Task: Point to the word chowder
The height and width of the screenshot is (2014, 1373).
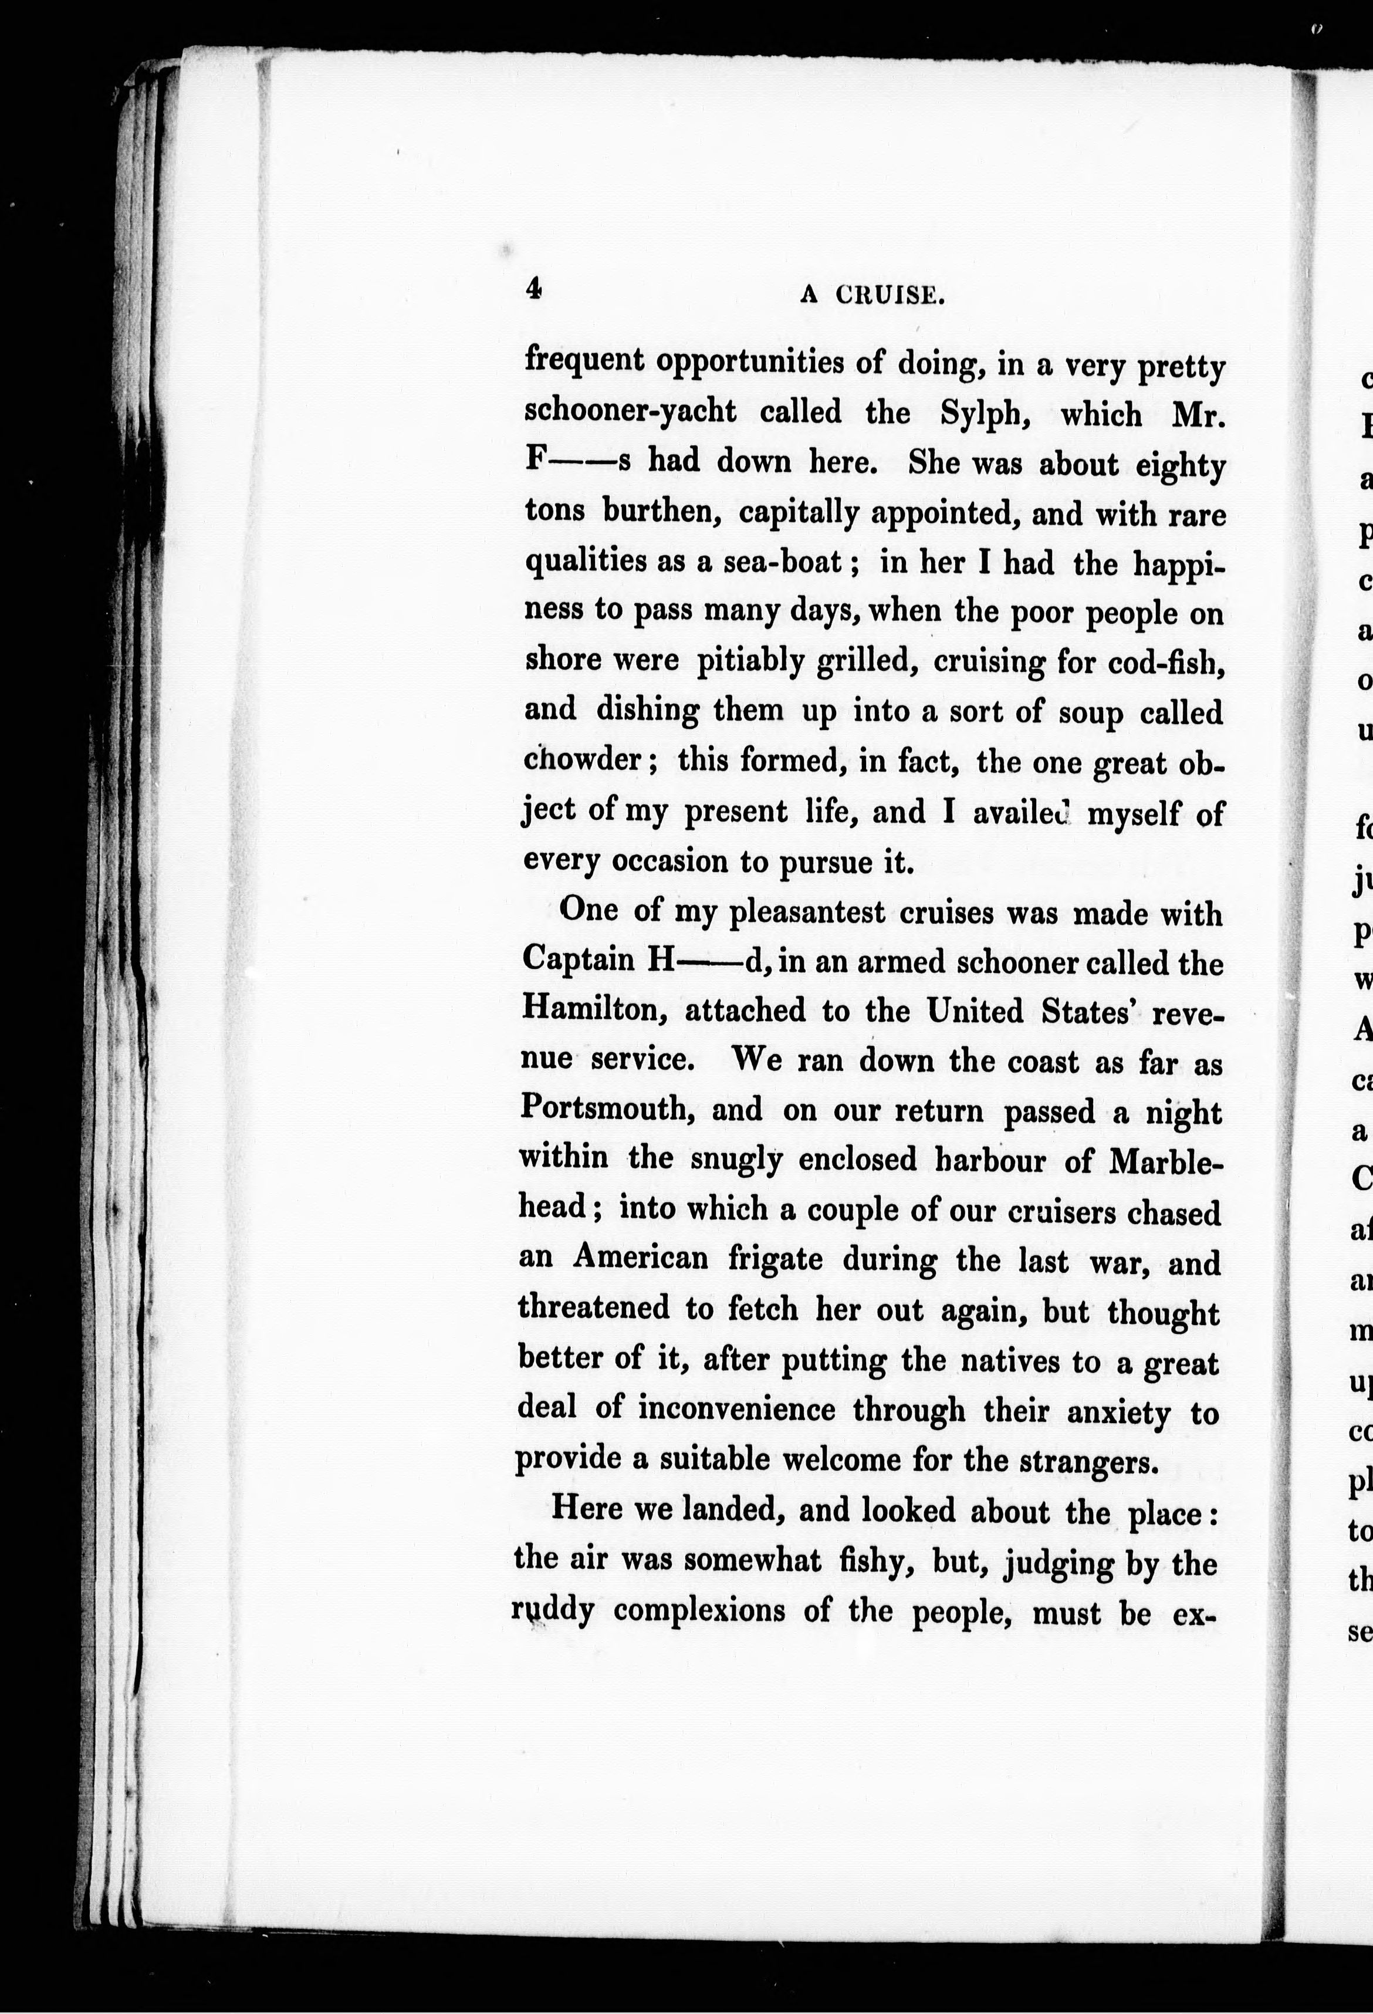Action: pyautogui.click(x=583, y=760)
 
